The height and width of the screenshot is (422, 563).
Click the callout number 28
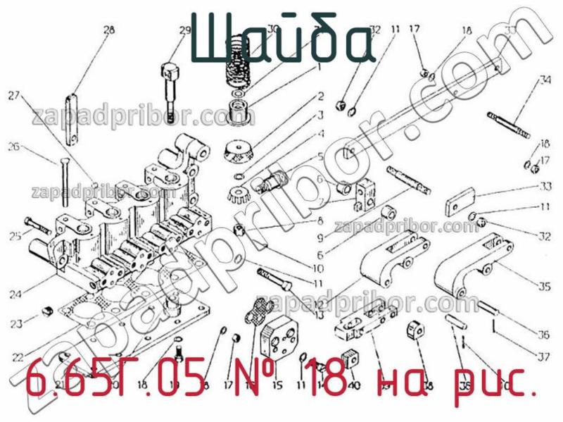point(108,30)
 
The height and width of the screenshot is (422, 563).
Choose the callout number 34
point(545,79)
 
